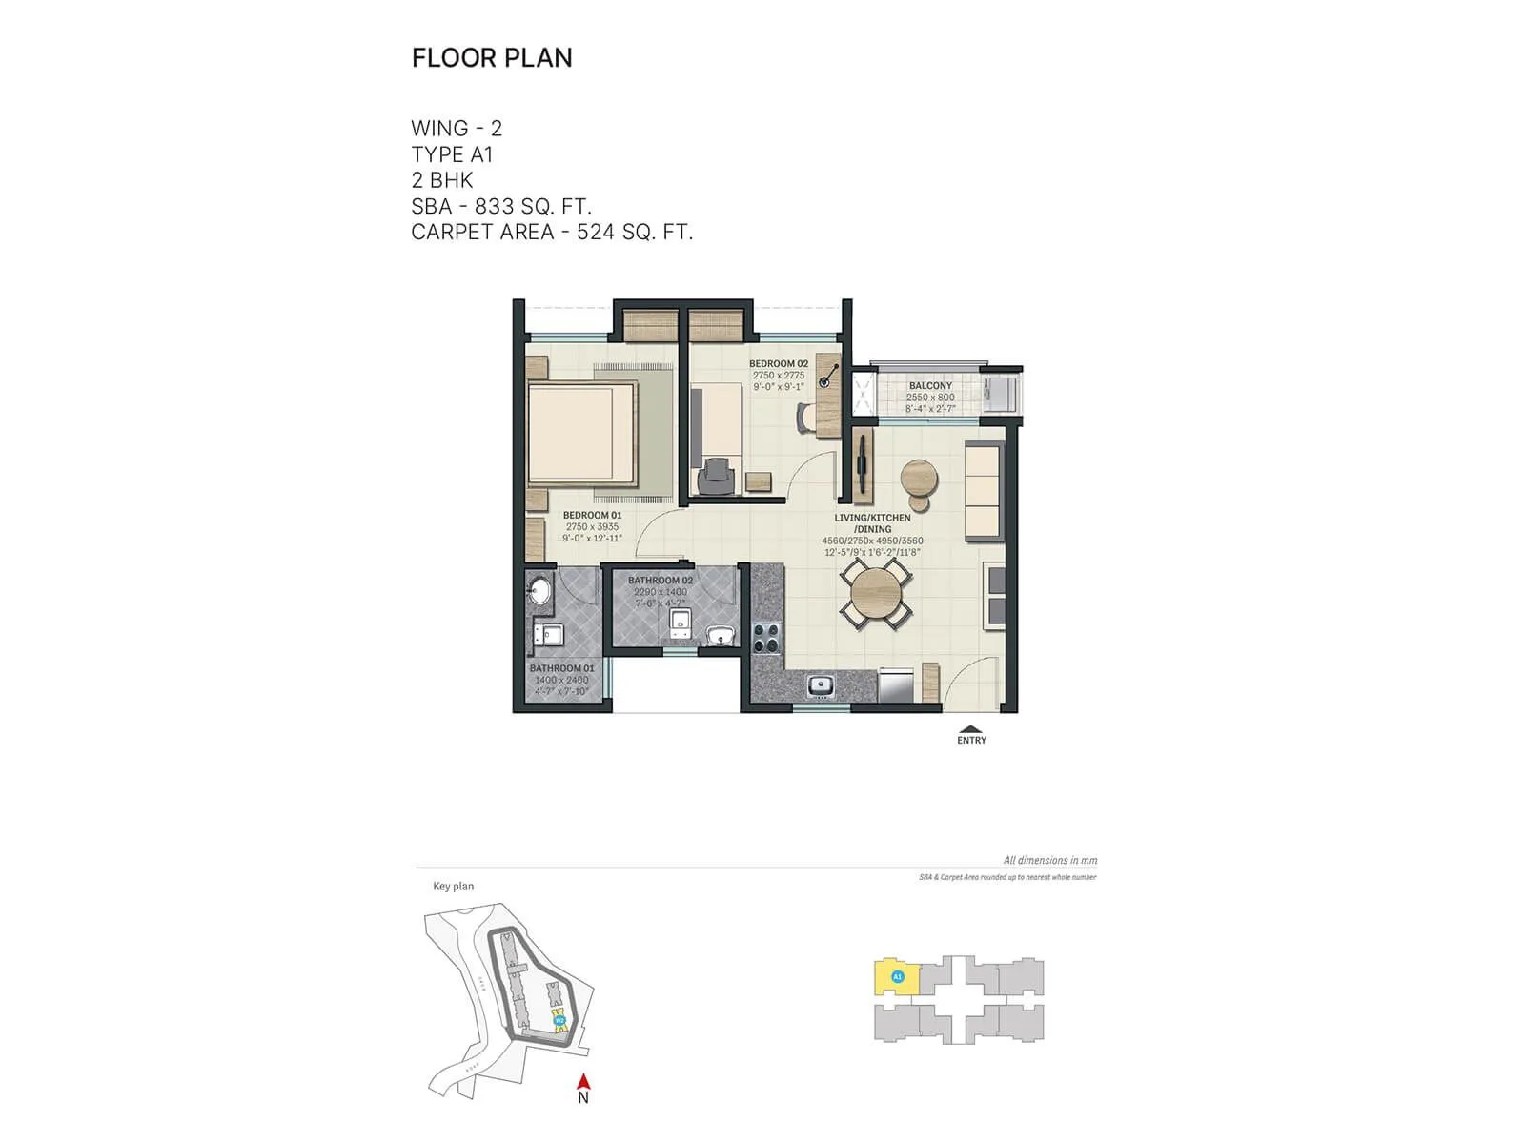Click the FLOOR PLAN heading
[492, 58]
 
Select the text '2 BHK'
[442, 180]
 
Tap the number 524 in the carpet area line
[596, 232]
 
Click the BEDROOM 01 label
[592, 516]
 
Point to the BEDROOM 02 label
[778, 364]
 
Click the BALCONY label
[930, 386]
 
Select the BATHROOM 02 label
[660, 581]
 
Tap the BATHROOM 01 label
[561, 668]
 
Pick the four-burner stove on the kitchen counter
[766, 637]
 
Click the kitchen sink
[821, 684]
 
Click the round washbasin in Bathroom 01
[539, 592]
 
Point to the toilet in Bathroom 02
[680, 623]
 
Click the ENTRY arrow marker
[971, 730]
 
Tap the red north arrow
[584, 1082]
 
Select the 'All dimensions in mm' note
[1049, 860]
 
